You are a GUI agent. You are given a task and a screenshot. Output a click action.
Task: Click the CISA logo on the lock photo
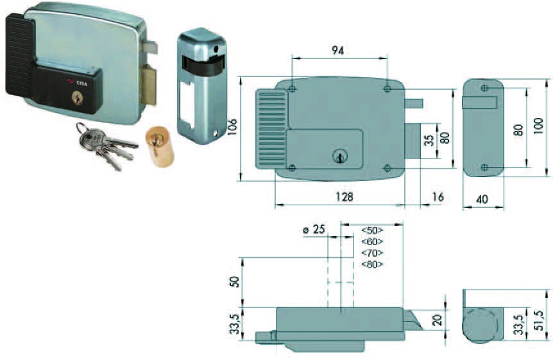77,82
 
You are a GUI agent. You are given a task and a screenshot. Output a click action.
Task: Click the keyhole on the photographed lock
77,98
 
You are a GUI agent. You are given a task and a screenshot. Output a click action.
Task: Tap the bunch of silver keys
106,145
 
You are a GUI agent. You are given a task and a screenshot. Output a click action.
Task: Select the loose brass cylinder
160,147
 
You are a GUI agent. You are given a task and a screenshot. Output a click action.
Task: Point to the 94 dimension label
337,51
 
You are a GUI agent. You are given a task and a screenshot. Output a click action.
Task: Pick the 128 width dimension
343,196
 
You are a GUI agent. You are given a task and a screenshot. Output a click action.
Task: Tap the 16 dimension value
438,196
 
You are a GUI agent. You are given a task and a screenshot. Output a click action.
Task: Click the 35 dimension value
429,140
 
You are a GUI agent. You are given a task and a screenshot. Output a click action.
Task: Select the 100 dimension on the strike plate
538,126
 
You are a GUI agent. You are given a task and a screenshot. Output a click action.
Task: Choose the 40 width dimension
482,199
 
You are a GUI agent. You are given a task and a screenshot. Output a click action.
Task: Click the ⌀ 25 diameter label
314,230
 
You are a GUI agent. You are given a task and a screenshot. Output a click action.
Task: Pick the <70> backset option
372,253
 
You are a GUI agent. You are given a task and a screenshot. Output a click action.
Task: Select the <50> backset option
372,230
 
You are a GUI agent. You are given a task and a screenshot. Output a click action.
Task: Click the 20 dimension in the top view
437,320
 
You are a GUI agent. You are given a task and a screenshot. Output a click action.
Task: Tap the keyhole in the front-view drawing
339,156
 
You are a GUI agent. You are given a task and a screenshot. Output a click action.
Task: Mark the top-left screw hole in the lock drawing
292,89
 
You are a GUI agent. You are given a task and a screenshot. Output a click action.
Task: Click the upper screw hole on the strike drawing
484,88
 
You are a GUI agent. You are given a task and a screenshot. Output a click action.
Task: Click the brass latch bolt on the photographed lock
149,85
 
